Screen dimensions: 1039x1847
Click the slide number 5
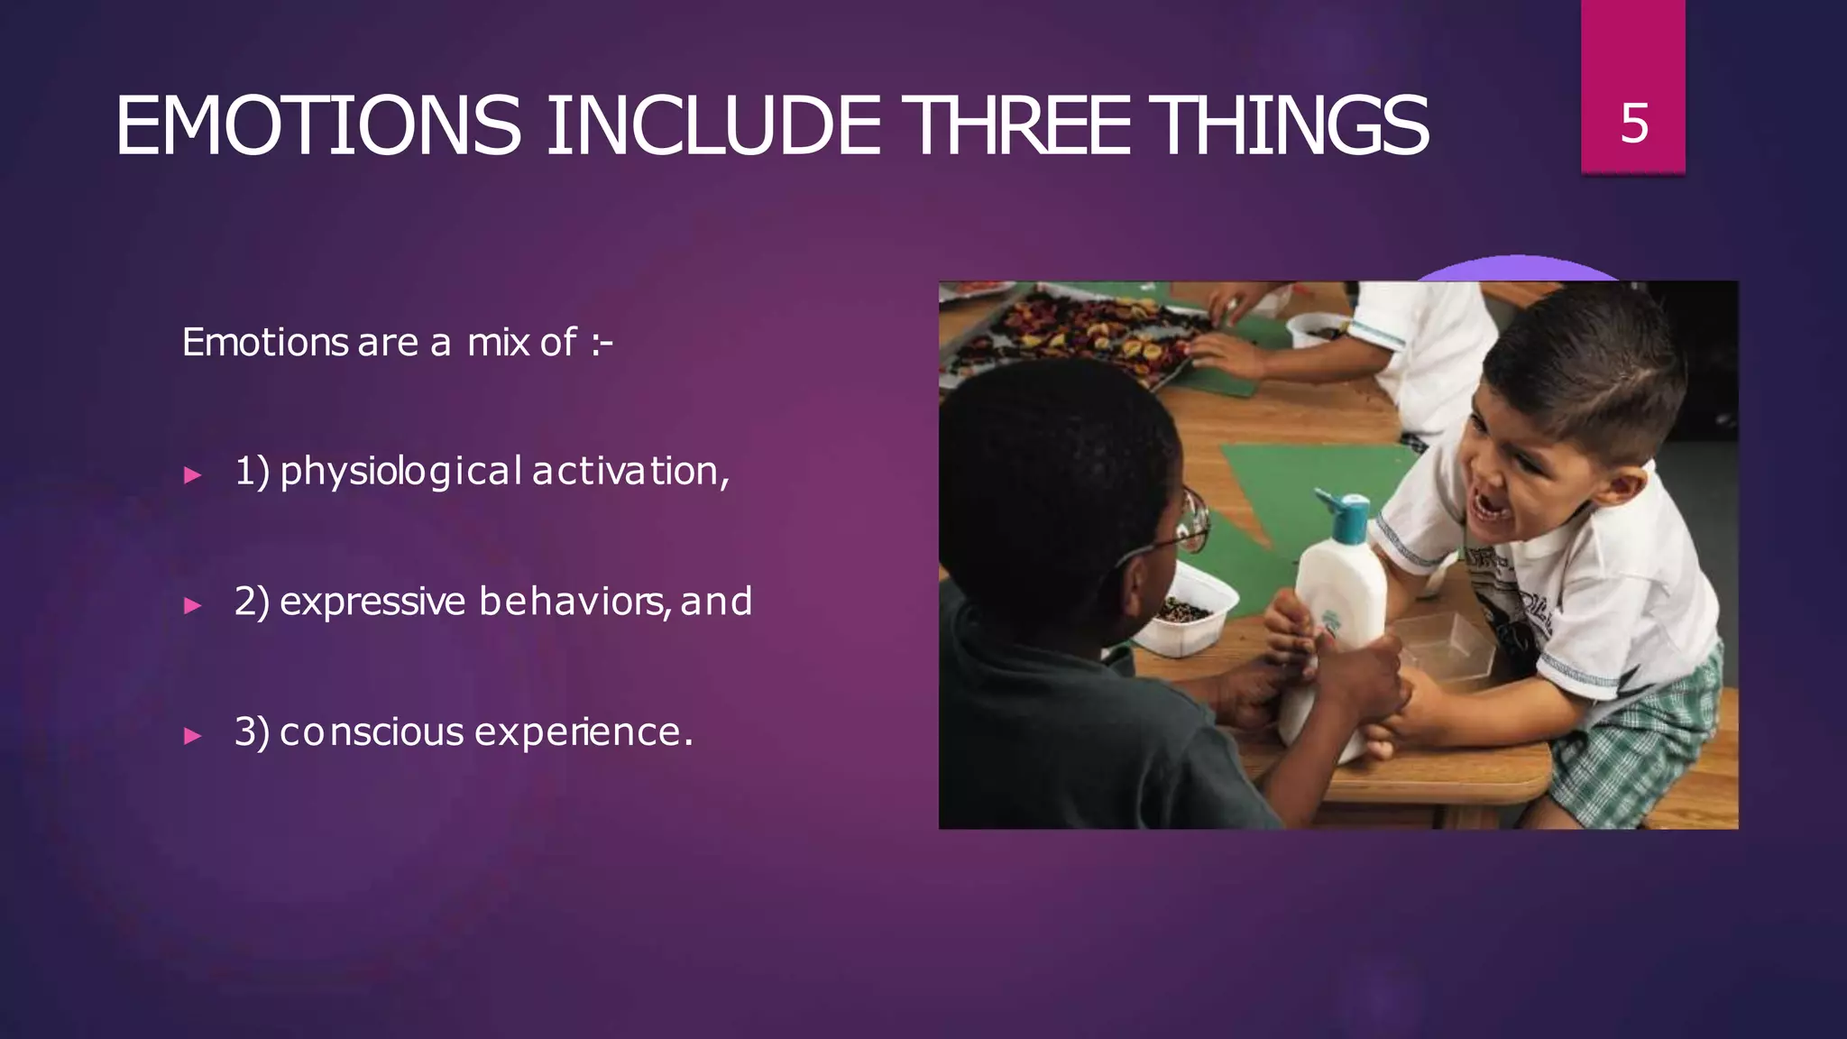tap(1634, 123)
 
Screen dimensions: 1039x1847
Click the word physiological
tap(400, 472)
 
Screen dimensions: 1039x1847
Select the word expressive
tap(372, 602)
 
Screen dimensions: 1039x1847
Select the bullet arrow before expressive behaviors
tap(192, 605)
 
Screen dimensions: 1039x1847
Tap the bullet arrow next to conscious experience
tap(192, 735)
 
